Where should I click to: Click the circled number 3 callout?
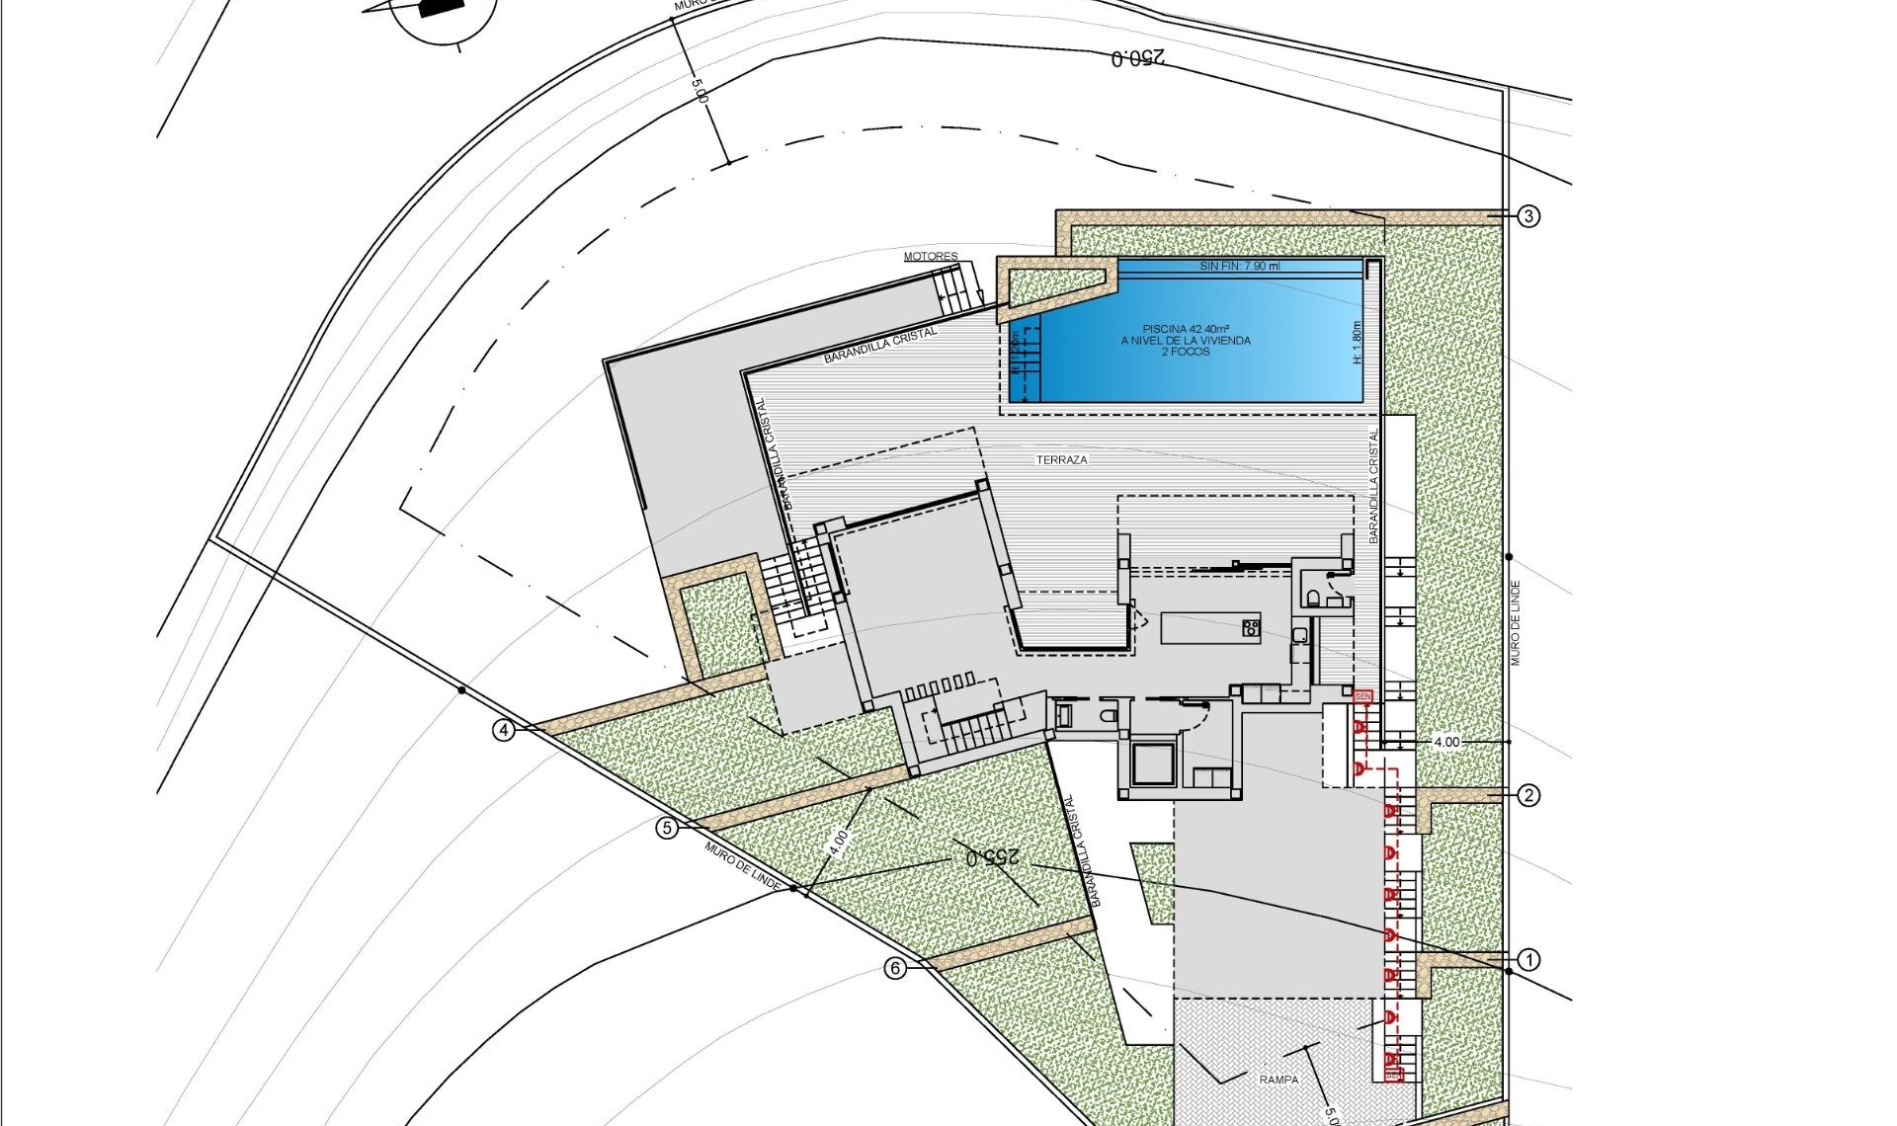[x=1528, y=216]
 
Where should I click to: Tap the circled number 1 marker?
[x=1528, y=959]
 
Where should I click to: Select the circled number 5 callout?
[x=668, y=828]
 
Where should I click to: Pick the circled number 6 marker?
[x=895, y=968]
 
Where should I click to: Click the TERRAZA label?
[x=1062, y=460]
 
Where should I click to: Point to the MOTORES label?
[x=931, y=257]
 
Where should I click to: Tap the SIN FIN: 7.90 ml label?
[x=1240, y=267]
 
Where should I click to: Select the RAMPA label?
[x=1278, y=1080]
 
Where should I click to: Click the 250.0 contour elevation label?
[x=1138, y=58]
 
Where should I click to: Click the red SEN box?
[x=1363, y=696]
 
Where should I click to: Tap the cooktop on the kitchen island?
[x=1251, y=626]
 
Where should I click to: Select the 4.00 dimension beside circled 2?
[x=1445, y=742]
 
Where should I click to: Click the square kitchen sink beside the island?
[x=1300, y=634]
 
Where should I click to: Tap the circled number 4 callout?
[x=505, y=731]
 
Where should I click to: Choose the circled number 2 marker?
[x=1528, y=795]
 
